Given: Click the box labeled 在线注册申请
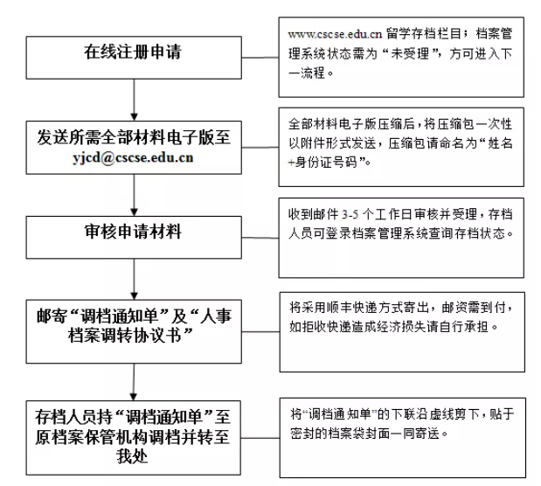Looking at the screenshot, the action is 134,58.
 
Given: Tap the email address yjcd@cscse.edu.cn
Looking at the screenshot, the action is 133,157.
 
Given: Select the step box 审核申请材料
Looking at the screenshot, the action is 134,238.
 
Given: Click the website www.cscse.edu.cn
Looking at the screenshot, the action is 335,34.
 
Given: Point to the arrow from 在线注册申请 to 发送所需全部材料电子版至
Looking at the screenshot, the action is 135,100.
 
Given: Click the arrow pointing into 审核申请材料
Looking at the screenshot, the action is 135,195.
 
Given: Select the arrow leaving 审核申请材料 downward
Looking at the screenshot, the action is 135,279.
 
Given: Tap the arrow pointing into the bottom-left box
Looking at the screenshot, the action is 134,382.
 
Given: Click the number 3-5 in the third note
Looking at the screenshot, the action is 350,215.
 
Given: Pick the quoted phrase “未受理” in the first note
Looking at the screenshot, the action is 411,53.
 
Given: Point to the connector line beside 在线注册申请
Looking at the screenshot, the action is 260,58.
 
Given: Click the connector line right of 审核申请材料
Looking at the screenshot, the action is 260,238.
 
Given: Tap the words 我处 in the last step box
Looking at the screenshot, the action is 132,456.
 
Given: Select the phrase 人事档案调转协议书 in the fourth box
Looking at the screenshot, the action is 149,325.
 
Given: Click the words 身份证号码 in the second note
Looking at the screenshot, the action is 326,163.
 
